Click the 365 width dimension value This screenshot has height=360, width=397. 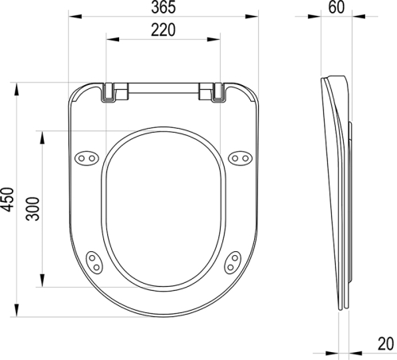click(x=163, y=8)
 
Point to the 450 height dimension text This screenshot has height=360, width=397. click(x=8, y=198)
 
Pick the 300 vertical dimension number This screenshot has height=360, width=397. click(x=31, y=207)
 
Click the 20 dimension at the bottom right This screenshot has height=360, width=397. click(x=384, y=344)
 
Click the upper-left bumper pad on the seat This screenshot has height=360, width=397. click(x=87, y=159)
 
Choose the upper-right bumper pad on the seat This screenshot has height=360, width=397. click(x=239, y=159)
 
